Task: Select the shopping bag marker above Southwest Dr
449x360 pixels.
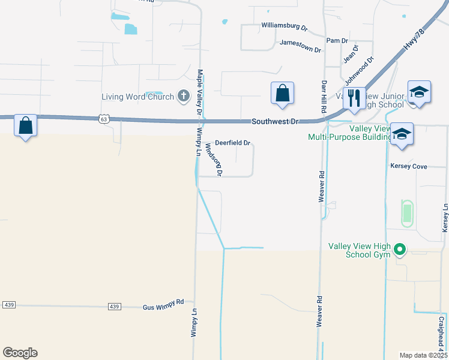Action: click(282, 93)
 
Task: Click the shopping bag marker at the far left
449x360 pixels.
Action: click(25, 125)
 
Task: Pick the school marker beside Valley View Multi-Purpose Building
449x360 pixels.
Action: click(402, 134)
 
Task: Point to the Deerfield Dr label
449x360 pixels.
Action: click(232, 143)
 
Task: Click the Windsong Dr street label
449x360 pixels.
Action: click(214, 159)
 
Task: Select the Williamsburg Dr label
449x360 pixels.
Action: click(284, 27)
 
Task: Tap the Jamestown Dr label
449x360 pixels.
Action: click(300, 43)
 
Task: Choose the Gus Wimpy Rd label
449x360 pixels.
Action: click(163, 306)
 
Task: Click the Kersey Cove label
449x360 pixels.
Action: click(409, 166)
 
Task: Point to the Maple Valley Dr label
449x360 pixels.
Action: click(200, 92)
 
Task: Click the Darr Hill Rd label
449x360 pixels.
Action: click(324, 95)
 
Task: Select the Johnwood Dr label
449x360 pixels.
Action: click(359, 70)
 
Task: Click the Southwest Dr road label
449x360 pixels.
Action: click(274, 121)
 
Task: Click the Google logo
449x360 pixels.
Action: click(20, 353)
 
